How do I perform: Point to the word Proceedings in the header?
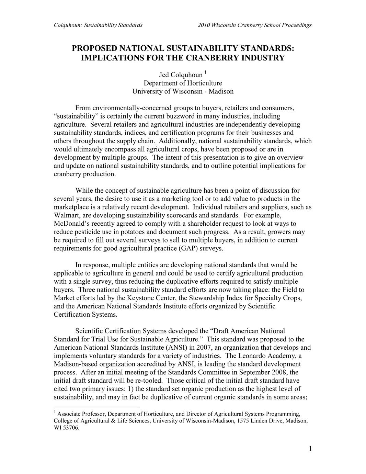coord(297,25)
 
